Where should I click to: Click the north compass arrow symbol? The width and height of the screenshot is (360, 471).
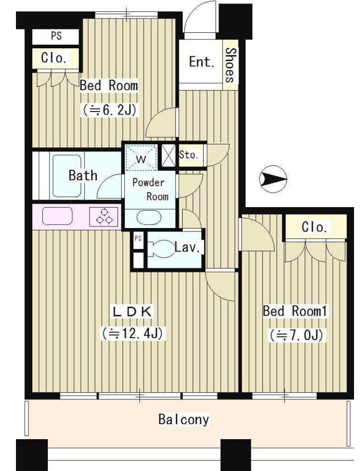coord(273,178)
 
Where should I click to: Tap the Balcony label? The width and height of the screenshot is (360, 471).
coord(184,419)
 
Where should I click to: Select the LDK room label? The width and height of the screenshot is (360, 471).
coord(132,312)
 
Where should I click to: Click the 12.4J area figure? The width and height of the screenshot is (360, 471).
coord(132,333)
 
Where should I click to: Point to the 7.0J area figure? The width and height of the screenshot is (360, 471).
coord(296,335)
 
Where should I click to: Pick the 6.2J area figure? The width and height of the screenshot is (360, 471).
coord(110,110)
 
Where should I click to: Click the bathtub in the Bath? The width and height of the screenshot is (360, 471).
coord(67,176)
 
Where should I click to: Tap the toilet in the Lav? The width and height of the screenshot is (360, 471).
coord(161,249)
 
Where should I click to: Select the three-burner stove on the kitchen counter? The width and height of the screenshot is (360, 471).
coord(105,216)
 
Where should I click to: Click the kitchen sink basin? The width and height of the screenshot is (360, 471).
coord(57,216)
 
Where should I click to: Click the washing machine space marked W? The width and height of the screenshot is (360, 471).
coord(141,158)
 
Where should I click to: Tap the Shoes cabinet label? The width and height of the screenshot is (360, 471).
coord(231,65)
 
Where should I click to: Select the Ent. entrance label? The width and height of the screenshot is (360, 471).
coord(202,62)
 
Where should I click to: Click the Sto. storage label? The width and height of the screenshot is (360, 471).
coord(189,155)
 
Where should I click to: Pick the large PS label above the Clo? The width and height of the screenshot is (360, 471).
coord(56,36)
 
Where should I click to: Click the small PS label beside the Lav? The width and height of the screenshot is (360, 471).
coord(138,238)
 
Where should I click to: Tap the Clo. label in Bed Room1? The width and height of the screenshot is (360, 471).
coord(314,227)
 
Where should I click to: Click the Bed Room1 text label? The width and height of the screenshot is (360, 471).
coord(294,311)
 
